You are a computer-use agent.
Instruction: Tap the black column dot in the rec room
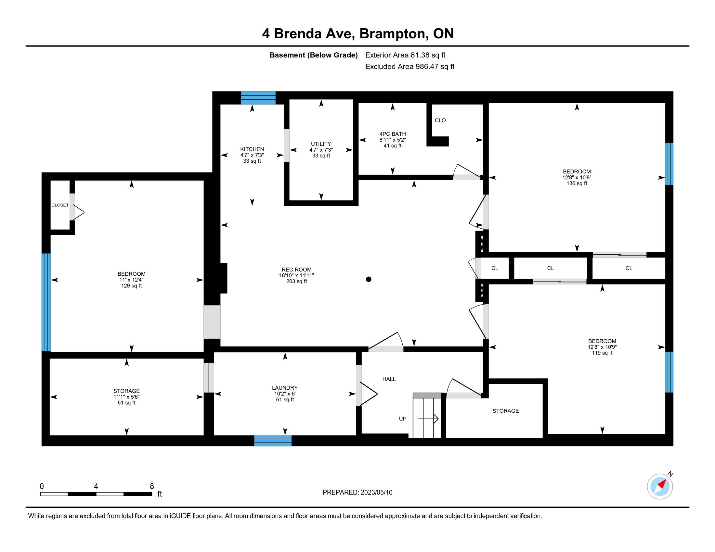click(369, 279)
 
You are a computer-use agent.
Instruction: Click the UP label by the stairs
click(402, 419)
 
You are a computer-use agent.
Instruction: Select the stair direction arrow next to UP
click(428, 419)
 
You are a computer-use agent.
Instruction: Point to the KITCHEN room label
click(252, 149)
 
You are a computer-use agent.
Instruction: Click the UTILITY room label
click(321, 144)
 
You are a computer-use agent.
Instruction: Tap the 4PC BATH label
click(393, 134)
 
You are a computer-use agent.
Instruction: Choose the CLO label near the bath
click(440, 120)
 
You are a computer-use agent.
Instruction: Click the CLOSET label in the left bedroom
click(60, 205)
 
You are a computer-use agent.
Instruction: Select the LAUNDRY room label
click(285, 388)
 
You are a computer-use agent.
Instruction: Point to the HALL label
click(389, 379)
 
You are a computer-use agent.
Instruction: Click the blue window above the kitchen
click(258, 98)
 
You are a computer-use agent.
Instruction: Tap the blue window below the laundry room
click(273, 441)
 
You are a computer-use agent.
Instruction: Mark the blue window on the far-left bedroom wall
click(46, 302)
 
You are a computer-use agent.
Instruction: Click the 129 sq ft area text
click(131, 286)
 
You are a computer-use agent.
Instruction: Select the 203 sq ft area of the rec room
click(297, 281)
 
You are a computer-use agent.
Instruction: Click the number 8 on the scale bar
click(151, 486)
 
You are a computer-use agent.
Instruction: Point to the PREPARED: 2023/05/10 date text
click(357, 493)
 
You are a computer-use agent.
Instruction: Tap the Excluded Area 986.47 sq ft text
click(409, 67)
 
